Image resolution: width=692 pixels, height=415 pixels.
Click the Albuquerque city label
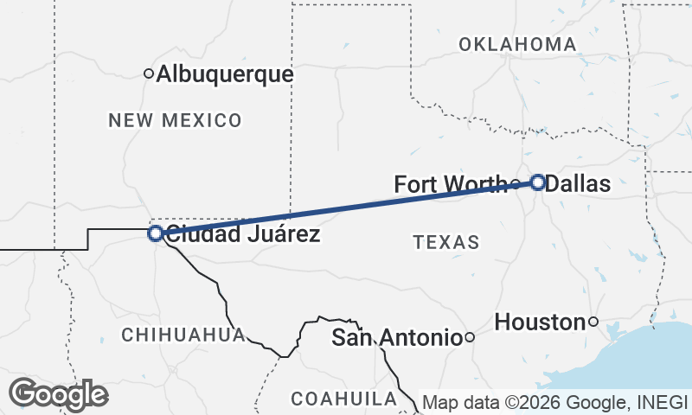225,75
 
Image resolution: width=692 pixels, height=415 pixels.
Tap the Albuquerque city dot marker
149,74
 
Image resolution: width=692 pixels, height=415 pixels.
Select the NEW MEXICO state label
175,120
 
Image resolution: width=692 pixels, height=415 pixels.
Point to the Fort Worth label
450,184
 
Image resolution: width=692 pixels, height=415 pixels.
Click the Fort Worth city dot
516,184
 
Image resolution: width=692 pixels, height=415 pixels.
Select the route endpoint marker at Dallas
538,182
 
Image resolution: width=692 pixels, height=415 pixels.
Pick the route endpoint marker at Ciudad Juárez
155,233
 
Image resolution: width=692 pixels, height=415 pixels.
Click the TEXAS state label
446,242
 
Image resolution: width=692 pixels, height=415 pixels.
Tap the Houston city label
540,322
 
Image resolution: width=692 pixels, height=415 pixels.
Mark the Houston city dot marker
593,322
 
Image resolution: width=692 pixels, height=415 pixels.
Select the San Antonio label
395,338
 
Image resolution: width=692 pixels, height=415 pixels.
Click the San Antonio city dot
469,337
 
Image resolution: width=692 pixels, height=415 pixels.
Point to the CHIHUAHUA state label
183,335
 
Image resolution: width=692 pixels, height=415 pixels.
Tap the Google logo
58,394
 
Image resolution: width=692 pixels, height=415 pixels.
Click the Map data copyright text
554,403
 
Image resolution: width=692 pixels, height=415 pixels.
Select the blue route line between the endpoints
346,207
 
